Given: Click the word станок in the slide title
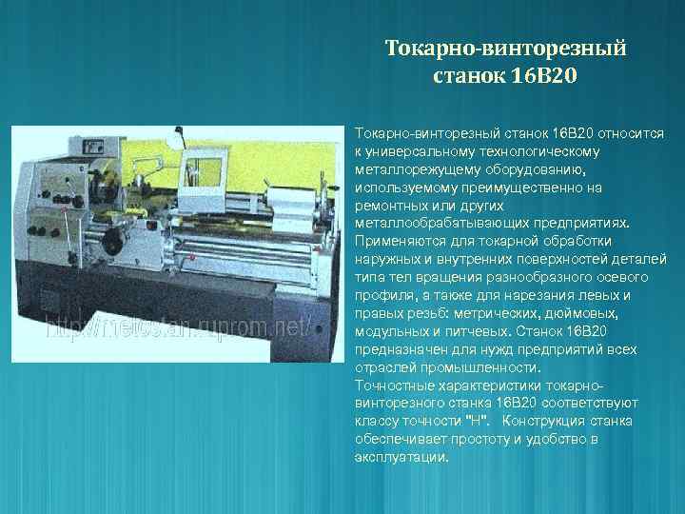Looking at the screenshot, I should click(473, 73).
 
